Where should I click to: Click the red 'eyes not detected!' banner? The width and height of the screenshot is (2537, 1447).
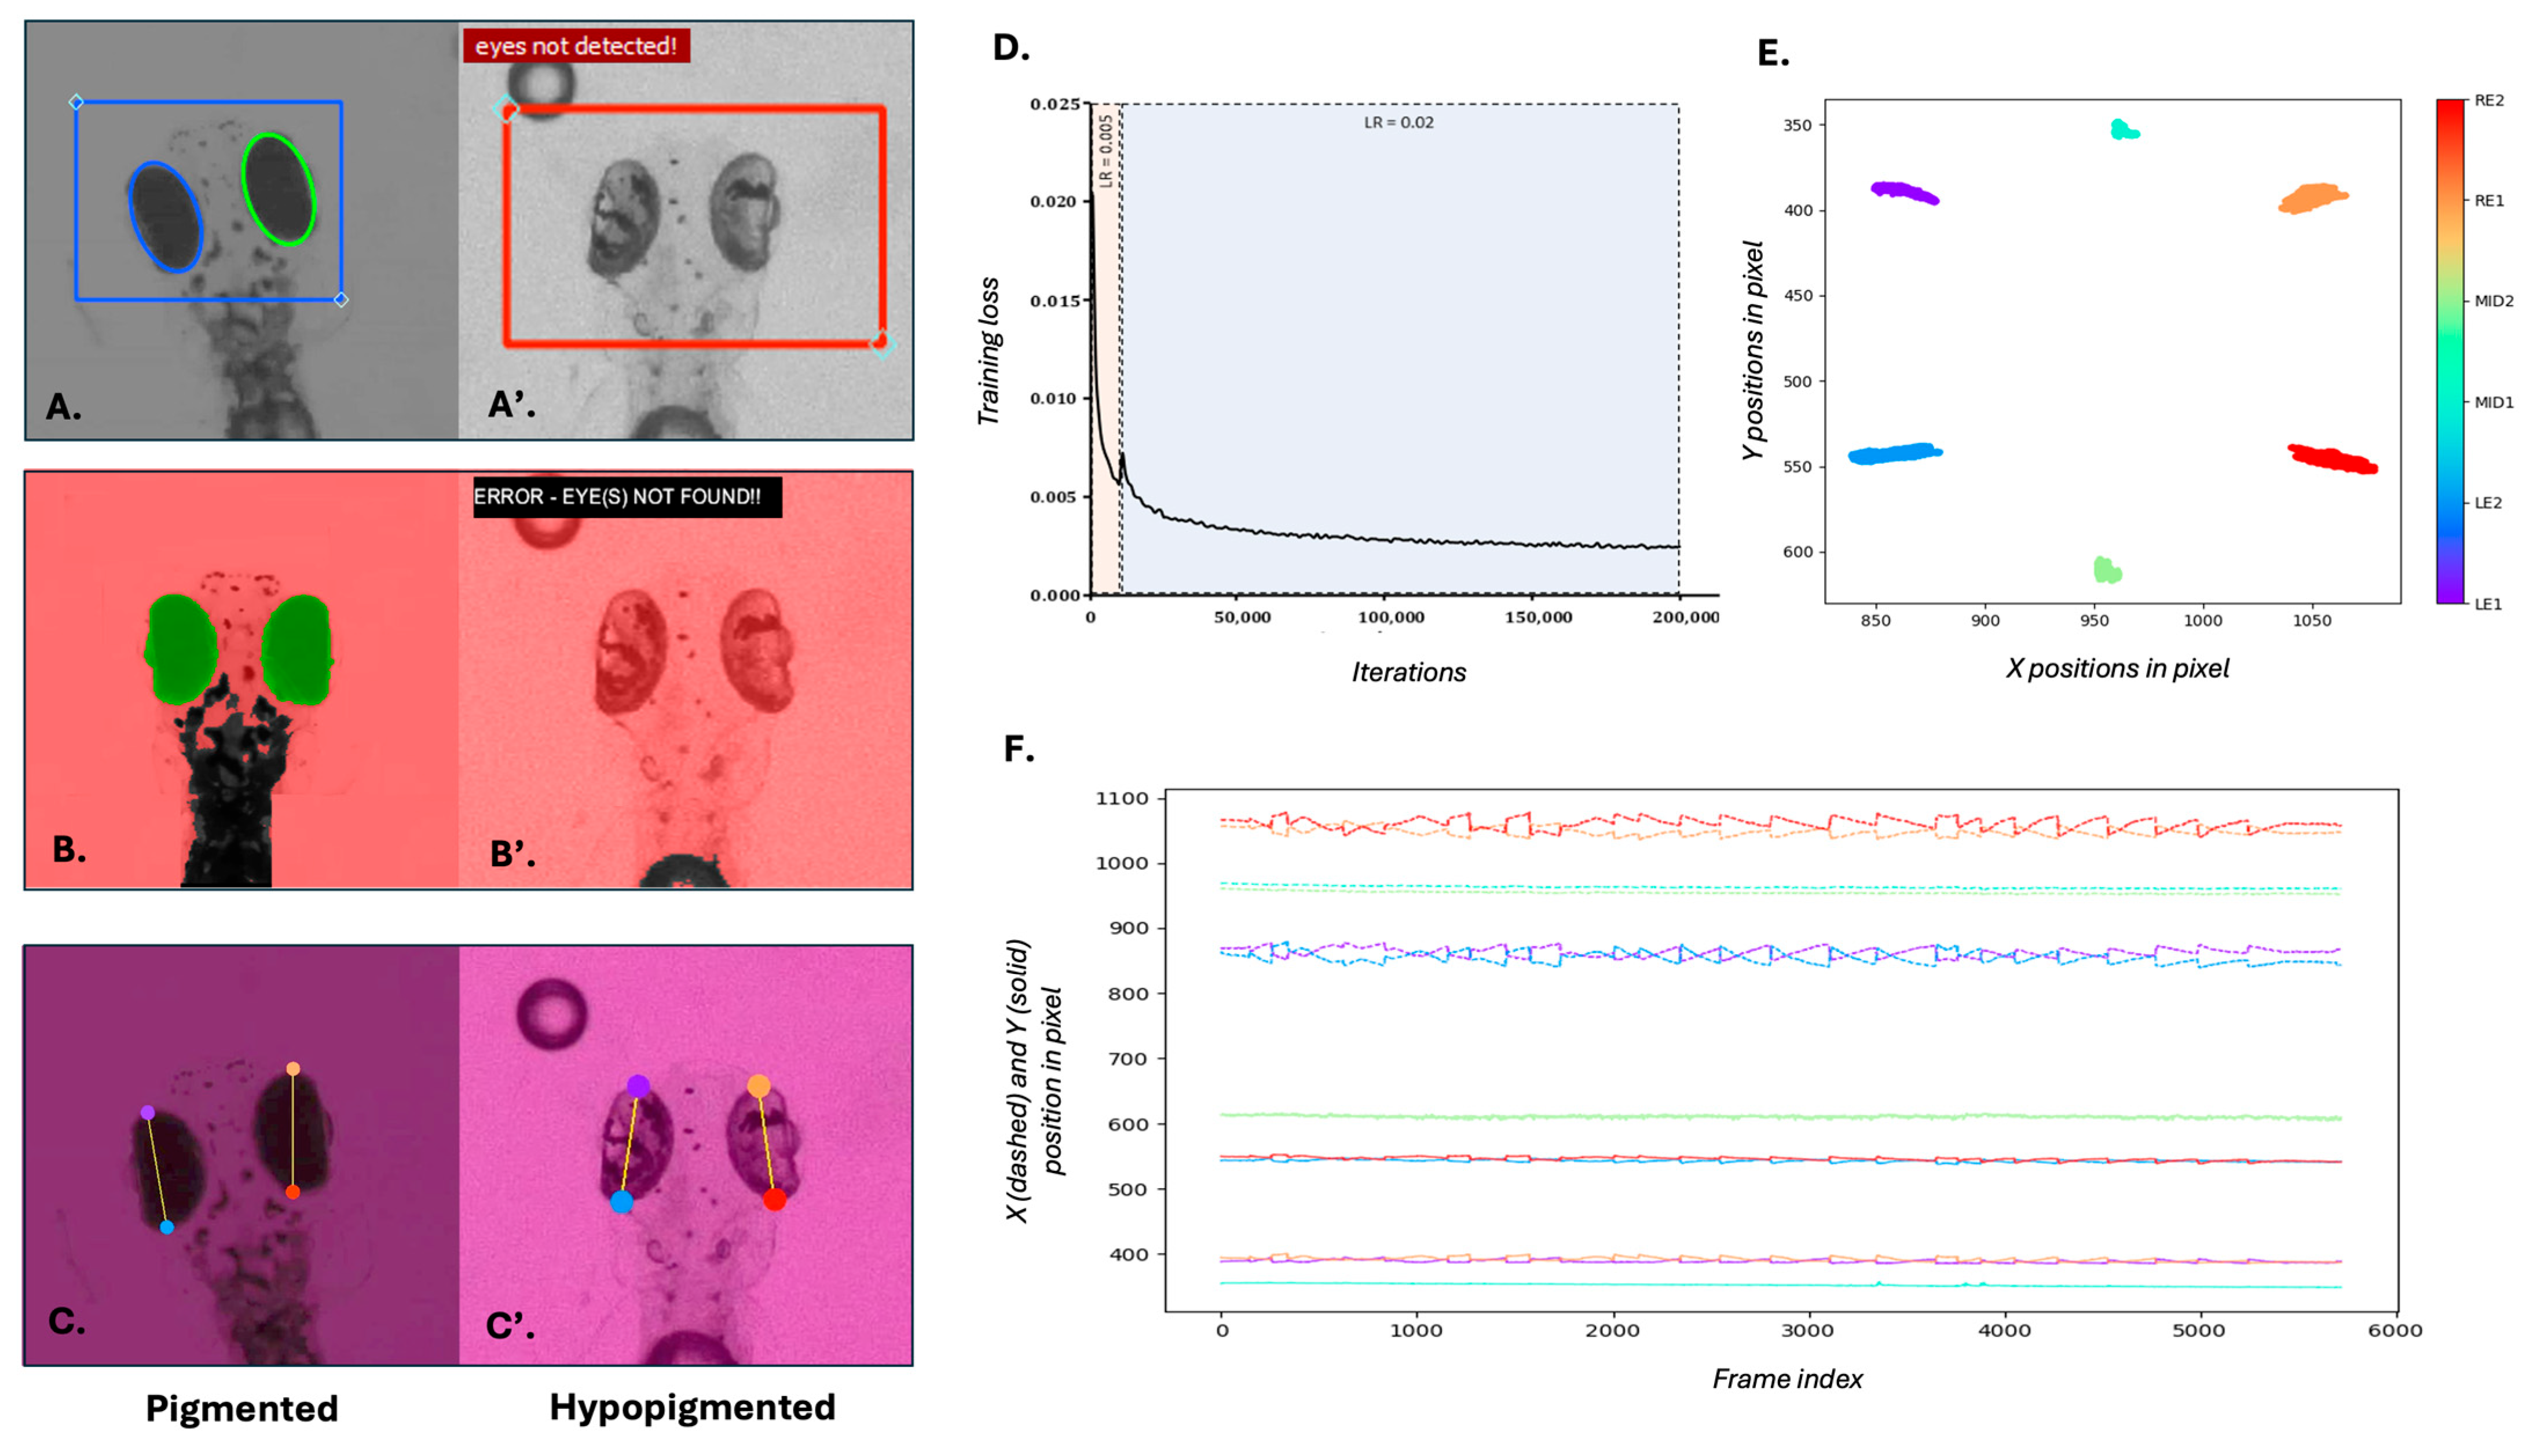tap(576, 46)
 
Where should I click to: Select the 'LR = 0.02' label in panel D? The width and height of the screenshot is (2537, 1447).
tap(1398, 122)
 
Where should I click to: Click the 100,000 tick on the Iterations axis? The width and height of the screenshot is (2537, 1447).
tap(1390, 617)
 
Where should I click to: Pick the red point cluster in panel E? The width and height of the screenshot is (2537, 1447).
tap(2332, 459)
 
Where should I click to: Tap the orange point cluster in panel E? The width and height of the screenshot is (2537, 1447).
tap(2312, 198)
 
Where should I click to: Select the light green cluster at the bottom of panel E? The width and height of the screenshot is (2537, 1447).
tap(2107, 569)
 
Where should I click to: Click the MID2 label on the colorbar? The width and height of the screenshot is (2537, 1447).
tap(2493, 301)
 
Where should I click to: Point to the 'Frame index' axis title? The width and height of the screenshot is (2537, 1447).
tap(1786, 1379)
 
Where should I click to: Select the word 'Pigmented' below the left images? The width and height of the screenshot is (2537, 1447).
tap(241, 1408)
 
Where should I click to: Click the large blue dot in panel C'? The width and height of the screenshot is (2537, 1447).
tap(622, 1201)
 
